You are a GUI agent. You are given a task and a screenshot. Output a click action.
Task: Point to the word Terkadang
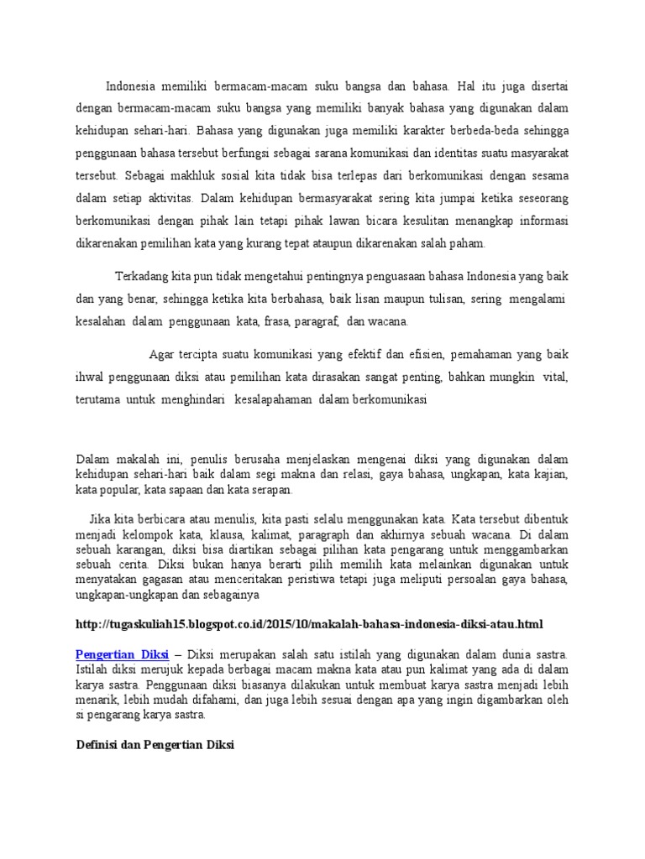tap(142, 276)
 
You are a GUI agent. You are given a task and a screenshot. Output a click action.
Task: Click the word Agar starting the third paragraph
tap(161, 353)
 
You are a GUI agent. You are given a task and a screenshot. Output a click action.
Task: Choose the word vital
tap(555, 377)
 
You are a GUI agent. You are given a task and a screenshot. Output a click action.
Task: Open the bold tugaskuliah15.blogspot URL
tap(308, 624)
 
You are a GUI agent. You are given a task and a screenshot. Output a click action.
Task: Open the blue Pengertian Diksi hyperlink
tap(123, 653)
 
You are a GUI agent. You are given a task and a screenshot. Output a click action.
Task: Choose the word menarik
tap(96, 700)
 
